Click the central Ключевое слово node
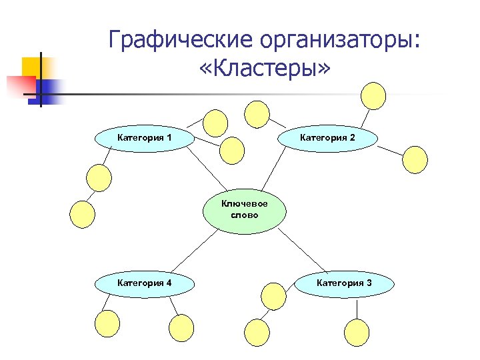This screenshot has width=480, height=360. [244, 210]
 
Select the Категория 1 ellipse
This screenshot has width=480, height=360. [145, 138]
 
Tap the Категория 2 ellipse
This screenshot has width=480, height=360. [327, 138]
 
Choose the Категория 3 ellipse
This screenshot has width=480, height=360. [344, 283]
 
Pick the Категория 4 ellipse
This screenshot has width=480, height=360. [145, 283]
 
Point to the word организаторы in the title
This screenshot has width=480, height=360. [341, 40]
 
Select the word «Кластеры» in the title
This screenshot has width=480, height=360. [264, 69]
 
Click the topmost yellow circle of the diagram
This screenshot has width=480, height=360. [373, 95]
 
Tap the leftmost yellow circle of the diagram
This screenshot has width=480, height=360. [83, 213]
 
